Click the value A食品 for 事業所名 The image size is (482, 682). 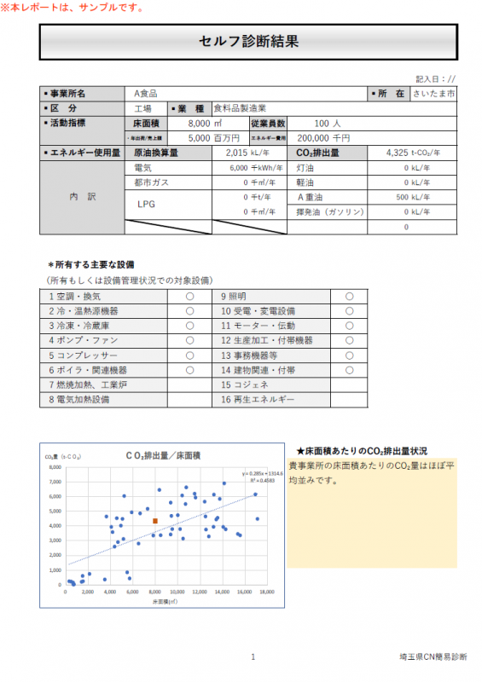(146, 93)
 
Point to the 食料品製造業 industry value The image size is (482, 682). (240, 108)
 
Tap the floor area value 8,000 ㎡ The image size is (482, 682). (204, 123)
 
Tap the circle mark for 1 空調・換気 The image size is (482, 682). (189, 296)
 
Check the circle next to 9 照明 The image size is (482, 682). (349, 296)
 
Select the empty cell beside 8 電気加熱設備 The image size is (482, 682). (189, 399)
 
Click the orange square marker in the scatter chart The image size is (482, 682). (155, 521)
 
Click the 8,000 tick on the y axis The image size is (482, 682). (56, 468)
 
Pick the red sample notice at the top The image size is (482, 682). (73, 8)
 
